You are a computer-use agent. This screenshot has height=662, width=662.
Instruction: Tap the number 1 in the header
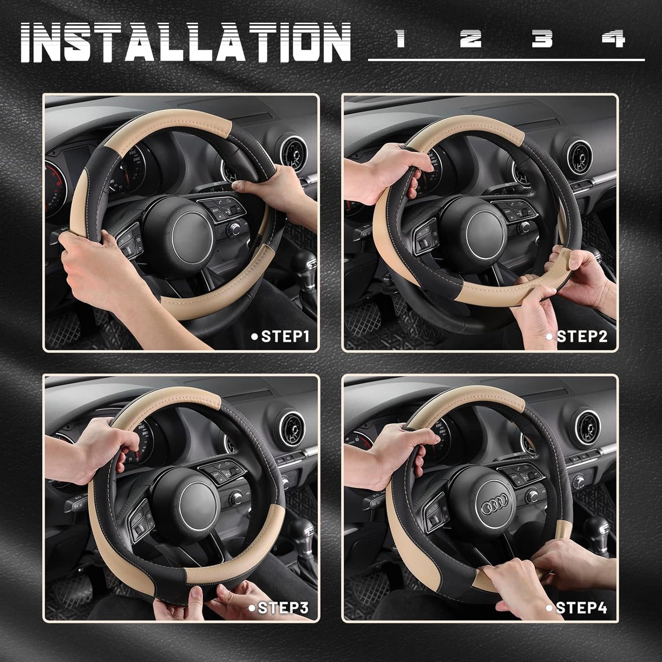tap(401, 39)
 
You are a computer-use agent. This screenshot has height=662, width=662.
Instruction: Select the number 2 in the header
tap(471, 39)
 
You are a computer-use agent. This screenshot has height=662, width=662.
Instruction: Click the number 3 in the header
tap(542, 39)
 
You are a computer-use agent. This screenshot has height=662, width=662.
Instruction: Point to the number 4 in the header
tap(614, 39)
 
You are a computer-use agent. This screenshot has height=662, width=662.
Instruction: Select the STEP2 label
tap(581, 337)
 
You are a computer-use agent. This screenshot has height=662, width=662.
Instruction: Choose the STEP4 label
tap(580, 608)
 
